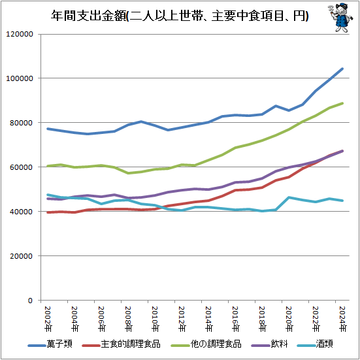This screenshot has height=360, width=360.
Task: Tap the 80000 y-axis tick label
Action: (x=24, y=123)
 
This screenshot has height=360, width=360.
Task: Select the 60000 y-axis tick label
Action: (x=24, y=167)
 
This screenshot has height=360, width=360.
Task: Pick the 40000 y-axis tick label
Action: (x=24, y=212)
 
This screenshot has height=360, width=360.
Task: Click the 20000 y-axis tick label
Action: (x=24, y=256)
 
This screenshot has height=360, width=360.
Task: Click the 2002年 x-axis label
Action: (x=48, y=318)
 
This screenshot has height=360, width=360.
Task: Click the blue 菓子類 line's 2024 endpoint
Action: (x=342, y=69)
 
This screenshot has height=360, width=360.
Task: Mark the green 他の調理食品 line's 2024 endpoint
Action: (x=342, y=103)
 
